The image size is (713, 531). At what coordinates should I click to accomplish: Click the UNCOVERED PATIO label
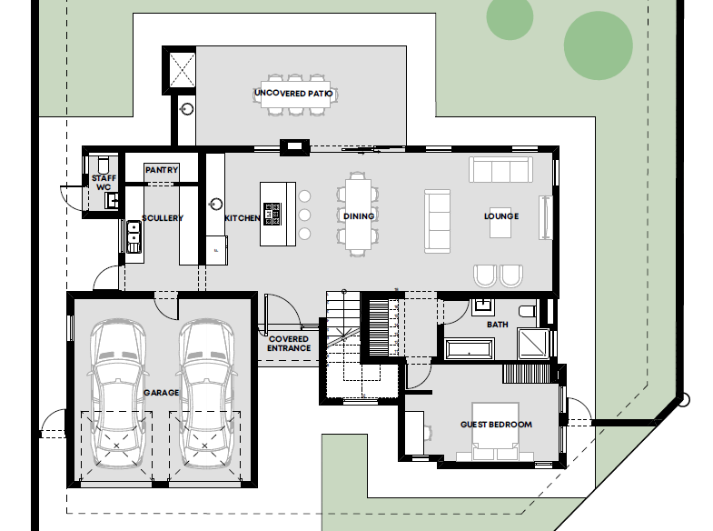(293, 94)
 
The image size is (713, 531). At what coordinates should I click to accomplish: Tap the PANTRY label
(162, 170)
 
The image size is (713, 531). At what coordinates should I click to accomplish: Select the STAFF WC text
(104, 183)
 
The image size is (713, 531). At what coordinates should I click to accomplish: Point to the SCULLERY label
(163, 218)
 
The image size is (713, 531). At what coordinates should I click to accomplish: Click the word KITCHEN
(243, 218)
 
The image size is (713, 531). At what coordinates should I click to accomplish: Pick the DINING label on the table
(359, 216)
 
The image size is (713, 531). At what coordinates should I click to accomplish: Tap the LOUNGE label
(501, 216)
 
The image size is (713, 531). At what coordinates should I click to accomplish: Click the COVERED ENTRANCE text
(289, 344)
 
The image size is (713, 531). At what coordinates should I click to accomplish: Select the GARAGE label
(162, 392)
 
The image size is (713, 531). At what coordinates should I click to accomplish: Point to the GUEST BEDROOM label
(496, 425)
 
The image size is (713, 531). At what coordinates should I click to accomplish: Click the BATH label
(498, 325)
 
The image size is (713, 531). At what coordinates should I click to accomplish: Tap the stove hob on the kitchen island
(272, 214)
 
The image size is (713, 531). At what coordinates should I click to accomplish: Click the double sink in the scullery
(134, 236)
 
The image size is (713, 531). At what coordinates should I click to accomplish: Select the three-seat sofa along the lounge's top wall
(500, 170)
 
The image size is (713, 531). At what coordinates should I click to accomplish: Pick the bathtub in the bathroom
(470, 349)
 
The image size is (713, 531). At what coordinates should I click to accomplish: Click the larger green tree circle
(599, 45)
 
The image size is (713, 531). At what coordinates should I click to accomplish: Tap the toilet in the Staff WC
(104, 164)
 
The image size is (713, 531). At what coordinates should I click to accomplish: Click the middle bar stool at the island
(304, 215)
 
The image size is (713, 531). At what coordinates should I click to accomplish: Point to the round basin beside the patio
(187, 109)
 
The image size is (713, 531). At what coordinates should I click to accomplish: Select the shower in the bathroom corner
(533, 343)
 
